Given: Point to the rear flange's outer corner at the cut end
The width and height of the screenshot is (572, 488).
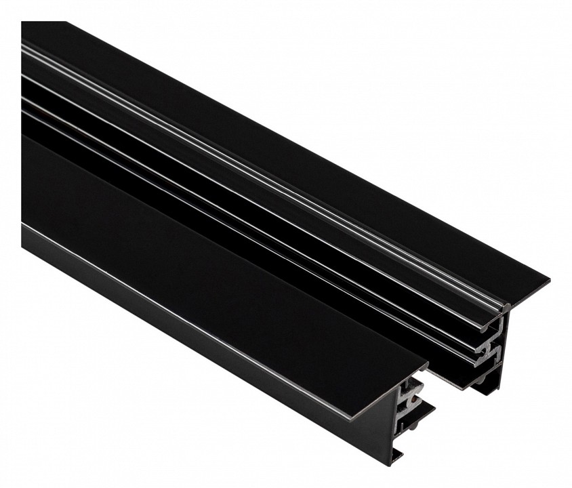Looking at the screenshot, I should [x=546, y=279].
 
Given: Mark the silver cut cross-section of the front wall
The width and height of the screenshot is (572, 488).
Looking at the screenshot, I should [x=411, y=400].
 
